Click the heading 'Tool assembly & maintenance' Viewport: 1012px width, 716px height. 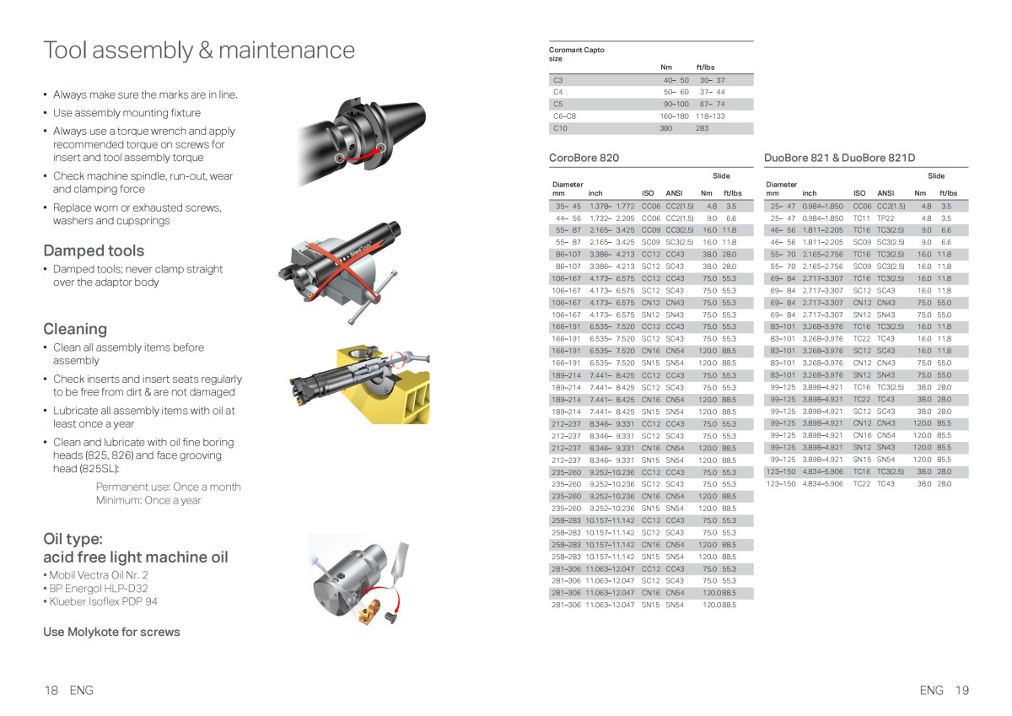199,51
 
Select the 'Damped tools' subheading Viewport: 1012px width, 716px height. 94,250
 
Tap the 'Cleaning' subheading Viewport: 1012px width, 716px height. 75,329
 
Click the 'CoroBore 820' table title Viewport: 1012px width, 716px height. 584,158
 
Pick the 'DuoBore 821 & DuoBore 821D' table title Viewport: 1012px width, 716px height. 839,158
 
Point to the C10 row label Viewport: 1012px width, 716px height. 560,128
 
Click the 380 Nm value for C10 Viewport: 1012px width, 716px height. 666,128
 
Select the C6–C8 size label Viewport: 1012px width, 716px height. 564,116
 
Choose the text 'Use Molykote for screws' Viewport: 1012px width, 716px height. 111,632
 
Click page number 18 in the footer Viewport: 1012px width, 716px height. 51,690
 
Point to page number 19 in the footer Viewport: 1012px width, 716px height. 962,690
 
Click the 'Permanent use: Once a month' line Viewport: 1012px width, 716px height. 168,487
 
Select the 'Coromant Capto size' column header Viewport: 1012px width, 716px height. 576,54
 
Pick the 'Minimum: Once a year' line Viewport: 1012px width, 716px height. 148,500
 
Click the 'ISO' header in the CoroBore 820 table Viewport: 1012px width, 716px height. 648,193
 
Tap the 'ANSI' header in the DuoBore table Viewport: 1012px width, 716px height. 885,193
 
